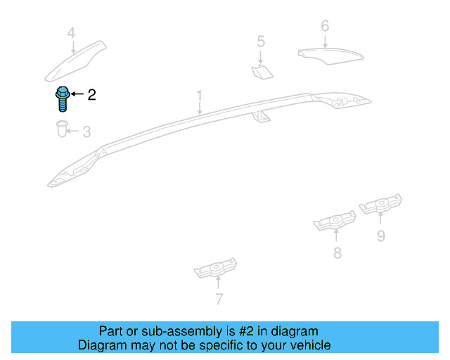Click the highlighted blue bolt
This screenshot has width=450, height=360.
62,99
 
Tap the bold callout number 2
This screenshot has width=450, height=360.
91,95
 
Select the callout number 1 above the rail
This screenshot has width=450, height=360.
199,95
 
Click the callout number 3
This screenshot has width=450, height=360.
86,131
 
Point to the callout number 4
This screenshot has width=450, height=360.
71,33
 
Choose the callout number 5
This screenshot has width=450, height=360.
260,41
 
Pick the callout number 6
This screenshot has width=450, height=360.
324,26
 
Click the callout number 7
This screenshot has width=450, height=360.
219,300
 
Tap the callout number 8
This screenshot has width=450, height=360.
337,253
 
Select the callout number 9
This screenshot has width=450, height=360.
380,236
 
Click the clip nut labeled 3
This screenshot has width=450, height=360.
61,129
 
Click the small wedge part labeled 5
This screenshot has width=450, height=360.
262,70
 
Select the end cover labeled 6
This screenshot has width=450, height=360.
328,54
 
